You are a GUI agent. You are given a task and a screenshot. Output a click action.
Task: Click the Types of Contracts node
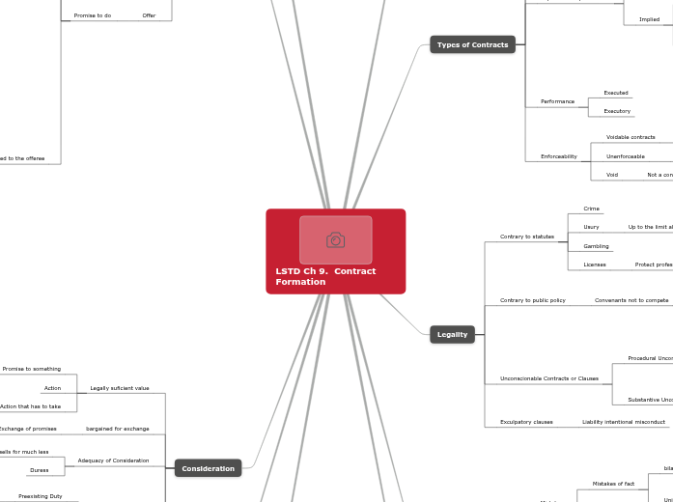coord(472,44)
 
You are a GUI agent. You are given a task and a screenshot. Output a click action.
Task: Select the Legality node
coord(452,335)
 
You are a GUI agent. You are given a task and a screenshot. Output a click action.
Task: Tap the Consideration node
coord(208,468)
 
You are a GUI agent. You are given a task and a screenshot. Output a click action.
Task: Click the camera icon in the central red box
coord(335,240)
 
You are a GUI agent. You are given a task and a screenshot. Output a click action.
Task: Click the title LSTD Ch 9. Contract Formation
coord(325,276)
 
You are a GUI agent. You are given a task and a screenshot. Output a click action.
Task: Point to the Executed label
coord(615,93)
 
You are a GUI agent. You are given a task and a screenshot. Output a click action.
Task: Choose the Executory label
coord(616,111)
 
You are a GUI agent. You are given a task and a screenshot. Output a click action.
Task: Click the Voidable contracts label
coord(630,137)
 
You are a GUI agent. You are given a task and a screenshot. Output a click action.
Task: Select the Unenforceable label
coord(625,156)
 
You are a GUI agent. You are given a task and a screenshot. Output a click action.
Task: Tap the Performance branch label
coord(557,101)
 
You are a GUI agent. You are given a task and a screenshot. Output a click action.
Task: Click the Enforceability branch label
coord(558,156)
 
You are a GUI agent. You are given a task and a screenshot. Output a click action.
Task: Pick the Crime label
coord(591,209)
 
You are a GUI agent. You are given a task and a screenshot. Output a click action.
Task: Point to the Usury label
coord(591,227)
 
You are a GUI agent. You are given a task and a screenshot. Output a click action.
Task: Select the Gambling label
coord(596,246)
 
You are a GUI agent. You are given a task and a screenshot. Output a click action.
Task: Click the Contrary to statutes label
coord(526,237)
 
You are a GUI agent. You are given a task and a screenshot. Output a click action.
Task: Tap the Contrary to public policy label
coord(532,300)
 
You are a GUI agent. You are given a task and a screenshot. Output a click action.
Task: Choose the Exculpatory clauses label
coord(526,422)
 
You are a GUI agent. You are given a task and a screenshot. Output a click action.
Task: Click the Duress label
coord(39,470)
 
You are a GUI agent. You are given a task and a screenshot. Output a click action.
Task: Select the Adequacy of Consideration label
coord(113,460)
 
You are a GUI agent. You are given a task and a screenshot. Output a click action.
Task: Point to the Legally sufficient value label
coord(119,388)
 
